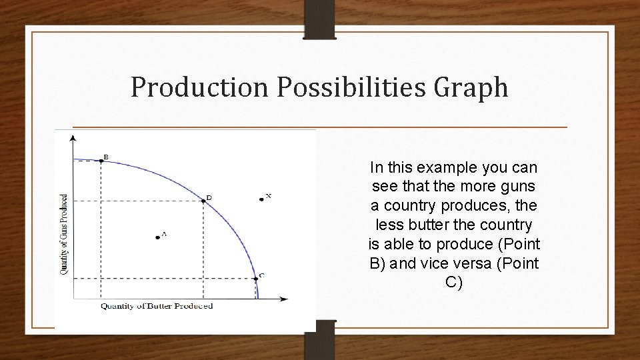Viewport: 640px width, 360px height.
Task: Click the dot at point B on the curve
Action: coord(101,160)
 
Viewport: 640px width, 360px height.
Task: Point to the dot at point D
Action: coord(203,199)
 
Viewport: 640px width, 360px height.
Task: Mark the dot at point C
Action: coord(255,279)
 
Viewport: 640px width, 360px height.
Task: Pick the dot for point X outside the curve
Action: coord(261,199)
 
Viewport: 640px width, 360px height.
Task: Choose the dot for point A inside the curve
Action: coord(157,237)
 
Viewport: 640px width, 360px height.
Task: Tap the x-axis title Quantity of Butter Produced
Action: coord(157,306)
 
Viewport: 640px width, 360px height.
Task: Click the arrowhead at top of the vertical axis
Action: coord(73,137)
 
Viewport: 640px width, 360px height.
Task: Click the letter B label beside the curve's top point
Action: coord(106,157)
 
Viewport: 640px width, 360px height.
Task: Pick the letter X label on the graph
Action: coord(268,195)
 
